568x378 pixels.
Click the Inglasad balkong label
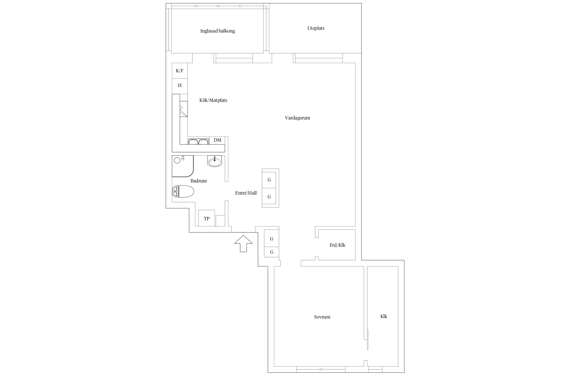(217, 31)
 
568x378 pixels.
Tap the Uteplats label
(316, 28)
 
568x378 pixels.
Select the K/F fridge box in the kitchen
(180, 71)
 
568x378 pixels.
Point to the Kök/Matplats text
(213, 100)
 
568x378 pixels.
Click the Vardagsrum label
(297, 118)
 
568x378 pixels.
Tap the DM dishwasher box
(217, 140)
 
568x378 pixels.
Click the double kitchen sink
(198, 141)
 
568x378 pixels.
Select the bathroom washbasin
(215, 161)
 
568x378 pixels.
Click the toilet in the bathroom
(183, 192)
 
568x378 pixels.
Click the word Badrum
(199, 181)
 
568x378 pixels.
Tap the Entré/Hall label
(246, 193)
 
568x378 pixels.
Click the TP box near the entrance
(206, 218)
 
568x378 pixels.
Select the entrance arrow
(243, 243)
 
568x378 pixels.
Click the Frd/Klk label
(338, 245)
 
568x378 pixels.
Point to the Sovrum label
(322, 317)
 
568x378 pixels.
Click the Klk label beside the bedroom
(384, 317)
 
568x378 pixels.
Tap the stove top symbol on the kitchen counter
(184, 109)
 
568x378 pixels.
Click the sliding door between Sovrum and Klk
(368, 339)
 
